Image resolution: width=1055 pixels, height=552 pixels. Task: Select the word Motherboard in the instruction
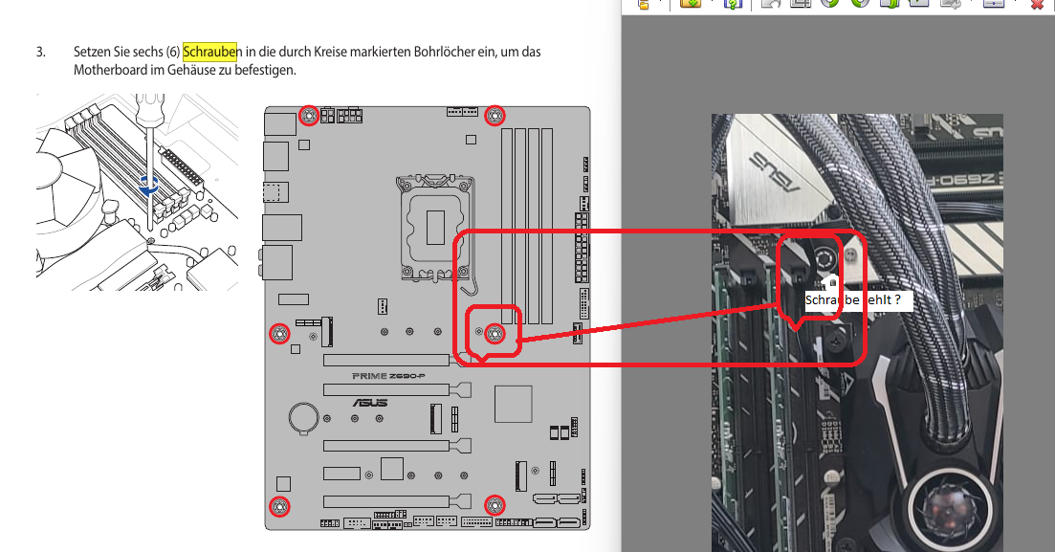coord(110,70)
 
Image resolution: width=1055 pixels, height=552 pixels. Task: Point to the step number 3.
coord(40,52)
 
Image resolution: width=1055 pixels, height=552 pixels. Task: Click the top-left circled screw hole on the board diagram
coord(309,116)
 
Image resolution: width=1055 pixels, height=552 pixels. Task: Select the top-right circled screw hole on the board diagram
coord(495,116)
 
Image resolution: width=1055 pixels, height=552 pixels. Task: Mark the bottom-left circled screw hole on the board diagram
coord(279,506)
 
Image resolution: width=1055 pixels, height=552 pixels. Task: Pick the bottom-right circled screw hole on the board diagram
coord(495,505)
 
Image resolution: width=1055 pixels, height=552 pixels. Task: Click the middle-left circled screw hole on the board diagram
coord(279,333)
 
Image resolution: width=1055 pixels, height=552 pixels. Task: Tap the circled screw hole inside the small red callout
coord(495,333)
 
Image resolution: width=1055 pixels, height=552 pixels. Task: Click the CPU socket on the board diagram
coord(435,227)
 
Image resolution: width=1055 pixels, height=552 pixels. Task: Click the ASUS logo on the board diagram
coord(370,403)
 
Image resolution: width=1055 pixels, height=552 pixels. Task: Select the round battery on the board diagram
coord(303,417)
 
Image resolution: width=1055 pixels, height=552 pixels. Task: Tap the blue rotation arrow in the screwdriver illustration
coord(148,187)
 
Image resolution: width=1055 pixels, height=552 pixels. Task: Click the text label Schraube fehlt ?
coord(853,300)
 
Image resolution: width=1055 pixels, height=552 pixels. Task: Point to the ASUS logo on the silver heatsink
coord(774,171)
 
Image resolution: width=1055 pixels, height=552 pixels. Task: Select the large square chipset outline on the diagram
coord(514,404)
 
